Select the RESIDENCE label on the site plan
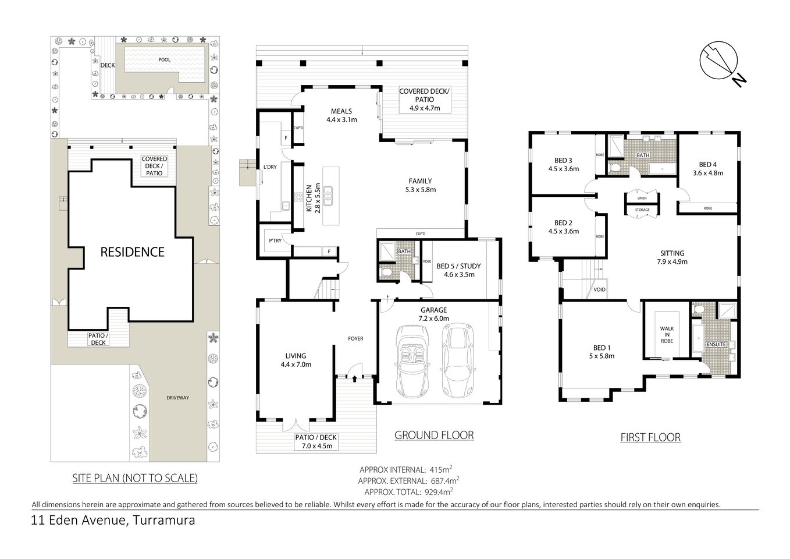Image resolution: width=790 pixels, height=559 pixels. point(132,252)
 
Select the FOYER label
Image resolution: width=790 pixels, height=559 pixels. point(355,338)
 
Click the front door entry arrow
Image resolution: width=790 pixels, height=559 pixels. point(354,378)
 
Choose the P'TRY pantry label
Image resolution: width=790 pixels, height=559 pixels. point(275,240)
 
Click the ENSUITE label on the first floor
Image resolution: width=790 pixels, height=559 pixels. point(716,344)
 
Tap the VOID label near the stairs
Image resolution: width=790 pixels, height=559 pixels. point(599,289)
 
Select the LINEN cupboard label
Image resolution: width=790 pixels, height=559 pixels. point(642,198)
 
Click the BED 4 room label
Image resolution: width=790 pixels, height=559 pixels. point(707,168)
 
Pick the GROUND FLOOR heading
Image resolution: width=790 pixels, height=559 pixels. point(433,435)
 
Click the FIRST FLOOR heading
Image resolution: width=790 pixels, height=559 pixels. point(650,437)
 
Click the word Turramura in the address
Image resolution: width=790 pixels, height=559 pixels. point(163,520)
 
